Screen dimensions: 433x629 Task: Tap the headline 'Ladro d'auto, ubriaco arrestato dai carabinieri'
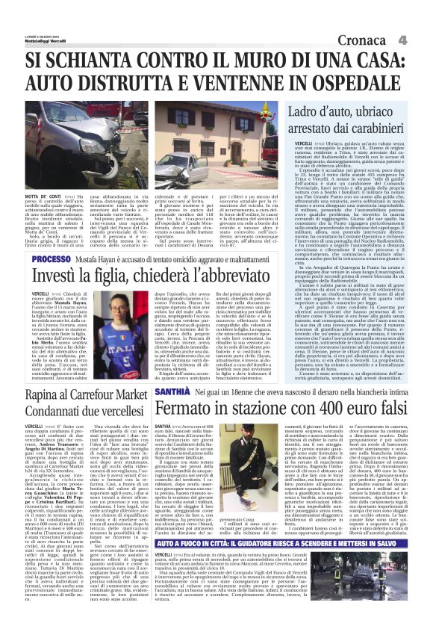point(352,120)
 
